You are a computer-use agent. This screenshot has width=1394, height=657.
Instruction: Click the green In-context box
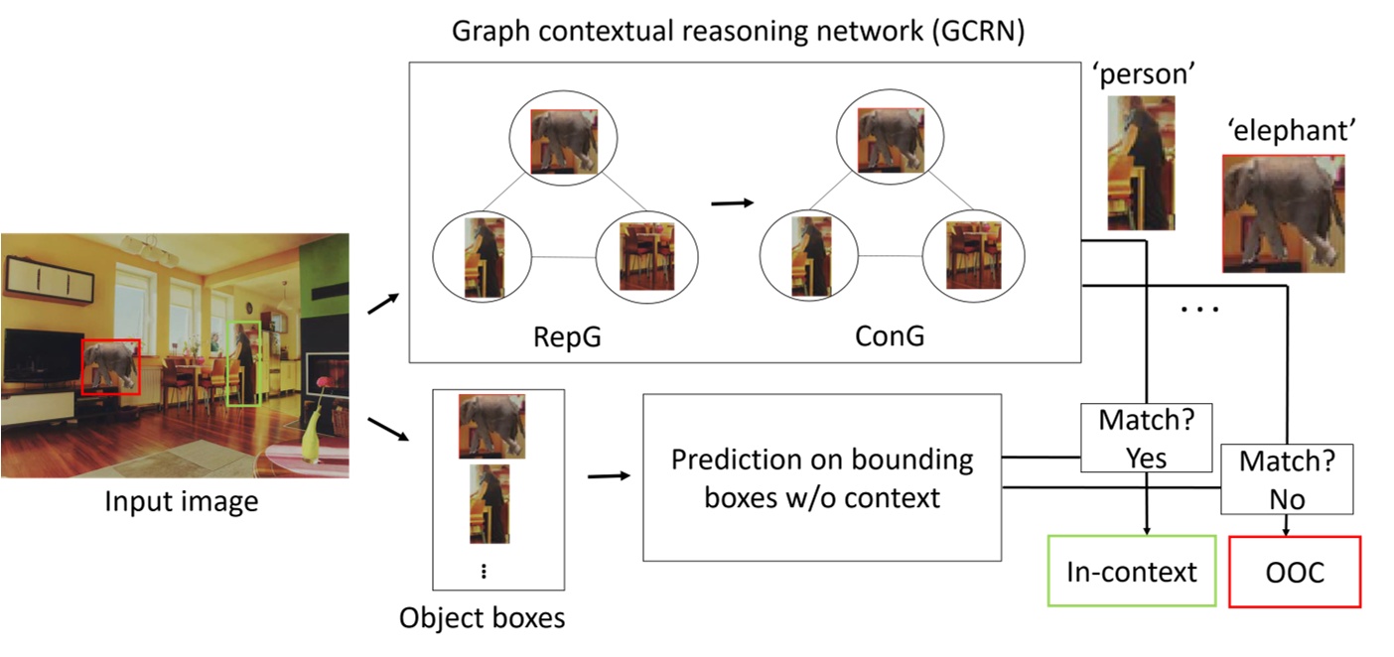1132,572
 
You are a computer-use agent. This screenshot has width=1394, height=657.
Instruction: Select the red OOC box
1295,572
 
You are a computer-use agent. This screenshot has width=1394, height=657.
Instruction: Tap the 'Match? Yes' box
1146,438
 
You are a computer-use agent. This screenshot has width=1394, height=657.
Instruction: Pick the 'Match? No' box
1287,478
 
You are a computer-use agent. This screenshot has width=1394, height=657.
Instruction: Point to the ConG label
889,336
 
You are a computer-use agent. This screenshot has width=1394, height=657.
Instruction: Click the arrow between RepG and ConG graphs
733,202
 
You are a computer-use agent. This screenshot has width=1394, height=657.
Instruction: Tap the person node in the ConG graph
811,256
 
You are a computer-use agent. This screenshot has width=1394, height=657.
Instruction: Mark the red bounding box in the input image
110,365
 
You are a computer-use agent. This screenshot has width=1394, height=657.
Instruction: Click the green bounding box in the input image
243,363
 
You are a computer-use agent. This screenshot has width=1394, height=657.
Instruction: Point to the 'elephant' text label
1289,130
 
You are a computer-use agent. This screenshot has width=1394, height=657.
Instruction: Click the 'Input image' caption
181,502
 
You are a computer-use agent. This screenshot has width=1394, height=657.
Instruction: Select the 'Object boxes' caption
482,618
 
